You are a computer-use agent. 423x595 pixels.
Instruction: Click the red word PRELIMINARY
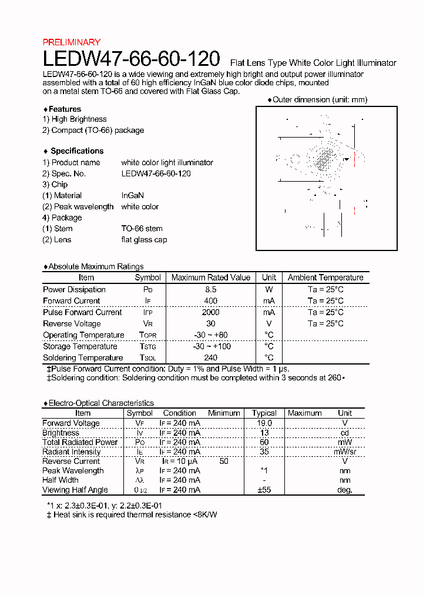(71, 42)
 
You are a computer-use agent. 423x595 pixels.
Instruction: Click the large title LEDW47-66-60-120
(131, 59)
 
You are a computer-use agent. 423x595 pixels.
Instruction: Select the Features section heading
(65, 109)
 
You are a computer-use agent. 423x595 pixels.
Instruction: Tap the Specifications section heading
(76, 151)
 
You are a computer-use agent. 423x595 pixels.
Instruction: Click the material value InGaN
(132, 195)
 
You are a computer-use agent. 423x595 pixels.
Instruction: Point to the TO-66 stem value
(142, 229)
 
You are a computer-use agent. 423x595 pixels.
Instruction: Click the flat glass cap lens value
(144, 240)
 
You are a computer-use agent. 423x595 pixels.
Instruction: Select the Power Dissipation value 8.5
(210, 289)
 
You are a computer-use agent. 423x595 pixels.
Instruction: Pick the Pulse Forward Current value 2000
(210, 312)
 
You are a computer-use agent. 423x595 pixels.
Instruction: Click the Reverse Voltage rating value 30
(210, 323)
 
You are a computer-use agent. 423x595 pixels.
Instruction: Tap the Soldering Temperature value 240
(210, 357)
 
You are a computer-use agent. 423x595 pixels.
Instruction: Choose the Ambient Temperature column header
(325, 278)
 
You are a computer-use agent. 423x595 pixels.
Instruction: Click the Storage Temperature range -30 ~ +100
(211, 346)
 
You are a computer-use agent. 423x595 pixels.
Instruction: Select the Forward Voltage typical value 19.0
(264, 423)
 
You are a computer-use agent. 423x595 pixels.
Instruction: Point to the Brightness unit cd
(345, 433)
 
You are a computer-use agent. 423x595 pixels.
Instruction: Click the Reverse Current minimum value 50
(224, 462)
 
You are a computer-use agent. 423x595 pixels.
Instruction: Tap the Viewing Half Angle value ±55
(264, 490)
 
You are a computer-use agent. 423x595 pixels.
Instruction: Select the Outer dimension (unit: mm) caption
(320, 100)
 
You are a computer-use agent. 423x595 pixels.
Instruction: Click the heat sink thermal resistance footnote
(132, 515)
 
